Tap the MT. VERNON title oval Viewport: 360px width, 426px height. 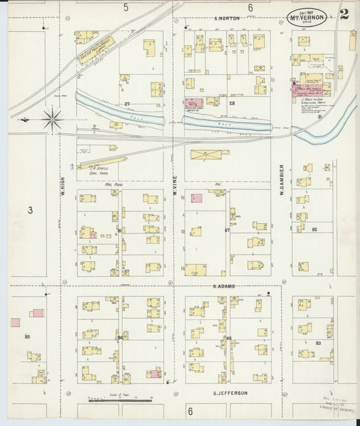(309, 15)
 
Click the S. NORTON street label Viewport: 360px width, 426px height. (226, 18)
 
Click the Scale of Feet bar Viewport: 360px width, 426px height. (111, 401)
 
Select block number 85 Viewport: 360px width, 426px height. (28, 336)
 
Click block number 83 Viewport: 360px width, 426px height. (317, 344)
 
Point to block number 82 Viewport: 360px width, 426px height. (315, 230)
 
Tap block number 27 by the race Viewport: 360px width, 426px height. (126, 103)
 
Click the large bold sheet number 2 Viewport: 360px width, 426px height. (344, 15)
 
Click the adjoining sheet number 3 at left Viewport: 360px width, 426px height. (30, 211)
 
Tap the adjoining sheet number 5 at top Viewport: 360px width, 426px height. (126, 7)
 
